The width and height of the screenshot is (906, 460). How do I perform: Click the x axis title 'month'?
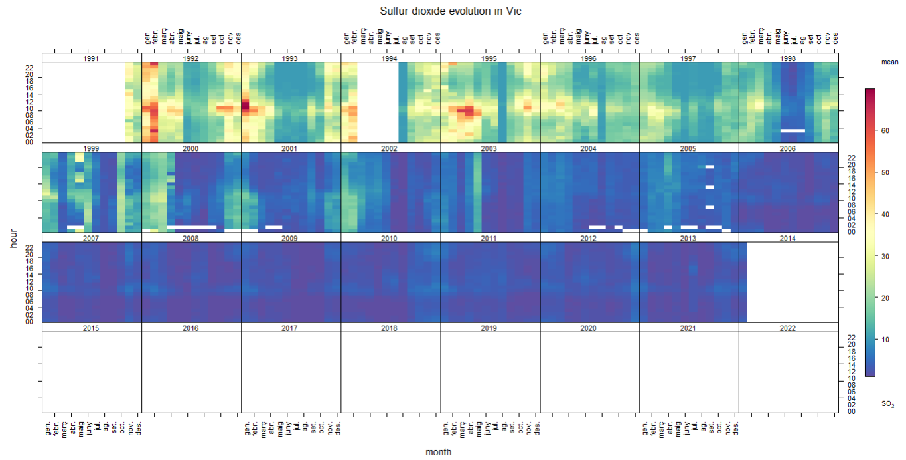pos(439,452)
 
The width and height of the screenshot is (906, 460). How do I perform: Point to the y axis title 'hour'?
pos(13,236)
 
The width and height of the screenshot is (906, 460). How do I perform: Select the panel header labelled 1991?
pos(92,58)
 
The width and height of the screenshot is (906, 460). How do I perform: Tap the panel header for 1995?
pos(489,58)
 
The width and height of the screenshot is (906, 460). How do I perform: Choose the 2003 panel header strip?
pos(489,148)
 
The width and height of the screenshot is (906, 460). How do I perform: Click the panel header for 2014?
pos(788,238)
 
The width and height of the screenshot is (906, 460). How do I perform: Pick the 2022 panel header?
pos(788,328)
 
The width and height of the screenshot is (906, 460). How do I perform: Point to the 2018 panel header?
pos(390,328)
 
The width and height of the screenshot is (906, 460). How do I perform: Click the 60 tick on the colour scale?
pos(885,131)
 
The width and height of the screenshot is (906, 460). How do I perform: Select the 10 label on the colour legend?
pos(885,339)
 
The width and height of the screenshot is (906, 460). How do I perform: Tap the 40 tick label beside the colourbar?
pos(885,214)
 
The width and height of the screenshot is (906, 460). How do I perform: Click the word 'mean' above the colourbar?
pos(889,62)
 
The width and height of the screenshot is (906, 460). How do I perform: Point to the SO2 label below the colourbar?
pos(887,404)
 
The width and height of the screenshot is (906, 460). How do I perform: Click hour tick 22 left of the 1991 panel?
pos(30,68)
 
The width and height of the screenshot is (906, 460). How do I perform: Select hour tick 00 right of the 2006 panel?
pos(851,232)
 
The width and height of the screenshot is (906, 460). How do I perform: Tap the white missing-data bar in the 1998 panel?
pos(793,131)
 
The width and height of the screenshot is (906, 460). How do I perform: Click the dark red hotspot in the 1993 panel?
pos(244,105)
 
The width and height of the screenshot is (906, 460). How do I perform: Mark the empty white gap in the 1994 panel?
pos(378,103)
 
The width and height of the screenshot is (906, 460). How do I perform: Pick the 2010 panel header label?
pos(390,238)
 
